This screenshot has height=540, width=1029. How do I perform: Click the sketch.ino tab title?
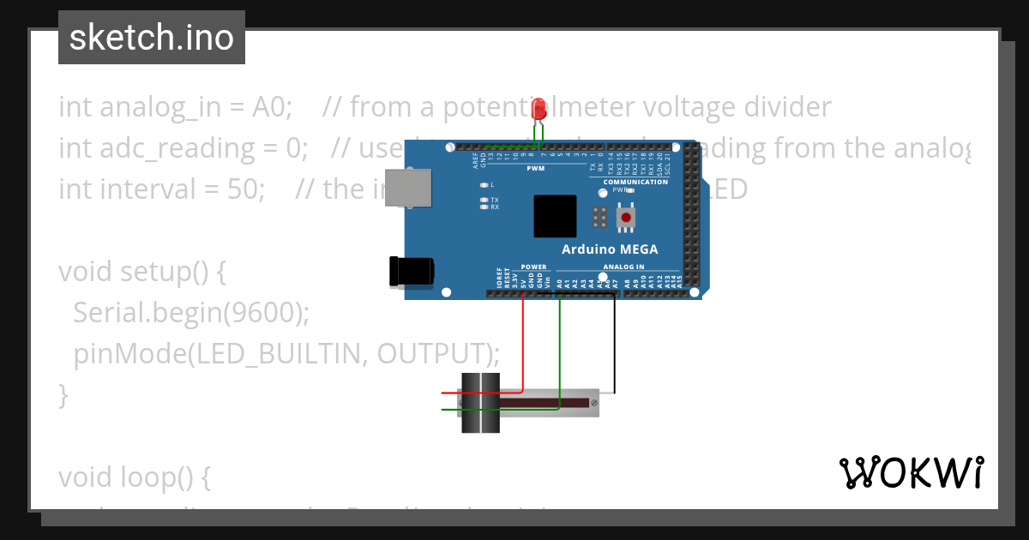tap(152, 38)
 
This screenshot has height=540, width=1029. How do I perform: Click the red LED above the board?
tap(539, 109)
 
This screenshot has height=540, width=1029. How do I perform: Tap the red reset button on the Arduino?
tap(627, 218)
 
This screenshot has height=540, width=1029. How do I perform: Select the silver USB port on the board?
tap(409, 188)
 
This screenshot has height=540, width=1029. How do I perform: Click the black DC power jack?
tap(411, 271)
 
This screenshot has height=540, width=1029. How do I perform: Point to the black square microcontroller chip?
tap(555, 216)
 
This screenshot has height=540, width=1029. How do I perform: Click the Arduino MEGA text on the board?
tap(610, 249)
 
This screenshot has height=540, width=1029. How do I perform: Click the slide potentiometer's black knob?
tap(480, 403)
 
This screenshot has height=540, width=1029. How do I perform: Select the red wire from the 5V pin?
tap(523, 343)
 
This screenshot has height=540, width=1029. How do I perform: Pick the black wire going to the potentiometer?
tap(614, 343)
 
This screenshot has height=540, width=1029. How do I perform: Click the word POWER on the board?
tap(533, 267)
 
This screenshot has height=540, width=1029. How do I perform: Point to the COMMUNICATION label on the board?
tap(635, 182)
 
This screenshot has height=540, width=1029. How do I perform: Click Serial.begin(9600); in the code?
tap(190, 313)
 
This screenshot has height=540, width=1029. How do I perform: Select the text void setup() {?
tap(141, 272)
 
